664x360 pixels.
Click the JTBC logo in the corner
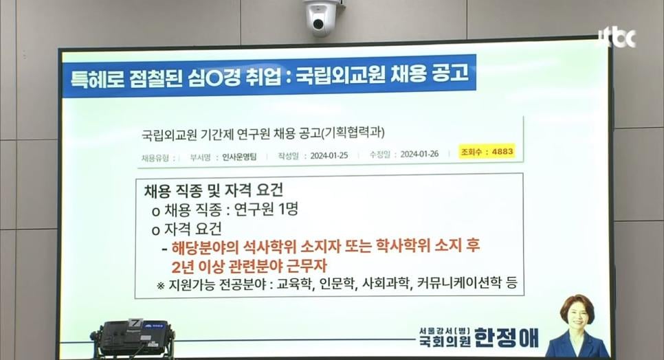617,38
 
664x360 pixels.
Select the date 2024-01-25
329,155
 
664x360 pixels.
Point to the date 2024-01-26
419,154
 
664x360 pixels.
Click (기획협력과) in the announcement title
353,133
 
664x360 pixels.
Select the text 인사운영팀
239,157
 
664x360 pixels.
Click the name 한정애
507,337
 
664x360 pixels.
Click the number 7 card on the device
134,322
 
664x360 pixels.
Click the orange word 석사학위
269,247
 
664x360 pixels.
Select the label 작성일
288,156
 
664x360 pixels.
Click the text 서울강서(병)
445,330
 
